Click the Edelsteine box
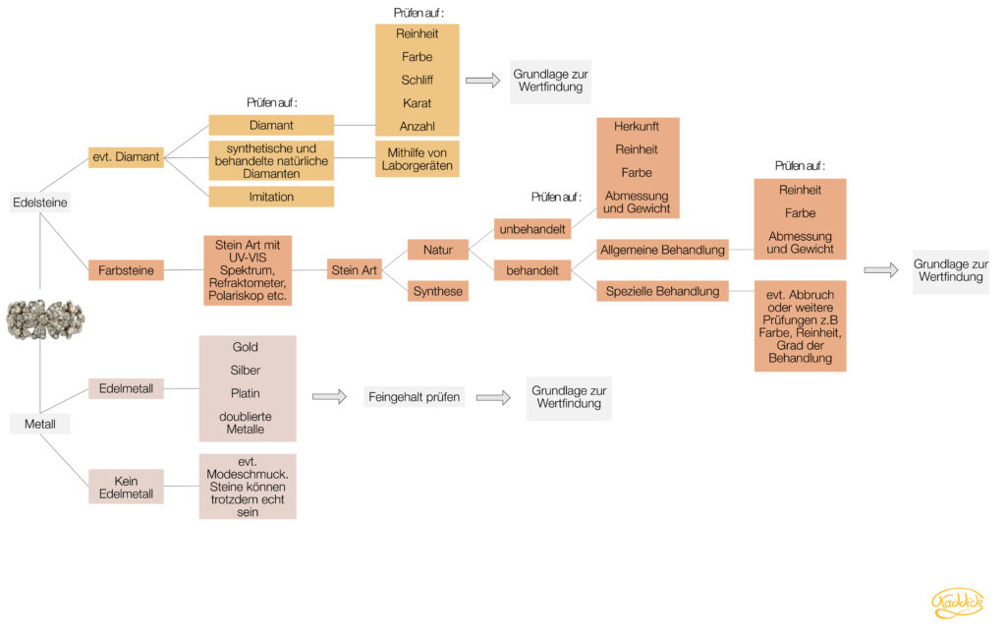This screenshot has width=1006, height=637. pyautogui.click(x=39, y=203)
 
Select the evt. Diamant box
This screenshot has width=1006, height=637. pyautogui.click(x=126, y=156)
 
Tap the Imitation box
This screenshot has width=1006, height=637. pyautogui.click(x=271, y=197)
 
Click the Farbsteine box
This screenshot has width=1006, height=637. pyautogui.click(x=126, y=270)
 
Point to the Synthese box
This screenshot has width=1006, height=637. pyautogui.click(x=437, y=291)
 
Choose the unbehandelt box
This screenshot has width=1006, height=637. pyautogui.click(x=532, y=229)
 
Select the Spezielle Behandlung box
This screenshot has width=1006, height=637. pyautogui.click(x=663, y=291)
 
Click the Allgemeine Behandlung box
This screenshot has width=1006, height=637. pyautogui.click(x=663, y=250)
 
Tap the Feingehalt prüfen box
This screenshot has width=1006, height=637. pyautogui.click(x=414, y=397)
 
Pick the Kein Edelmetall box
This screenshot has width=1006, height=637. pyautogui.click(x=126, y=487)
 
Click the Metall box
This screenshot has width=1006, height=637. pyautogui.click(x=39, y=424)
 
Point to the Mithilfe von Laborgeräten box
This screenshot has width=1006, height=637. pyautogui.click(x=417, y=159)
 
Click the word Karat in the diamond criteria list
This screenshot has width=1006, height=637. pyautogui.click(x=417, y=103)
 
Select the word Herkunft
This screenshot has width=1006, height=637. pyautogui.click(x=637, y=126)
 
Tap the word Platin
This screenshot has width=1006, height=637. pyautogui.click(x=245, y=393)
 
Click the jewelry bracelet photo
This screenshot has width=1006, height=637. pyautogui.click(x=45, y=319)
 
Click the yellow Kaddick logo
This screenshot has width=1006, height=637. pyautogui.click(x=957, y=603)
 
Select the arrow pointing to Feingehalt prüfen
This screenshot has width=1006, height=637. pyautogui.click(x=330, y=397)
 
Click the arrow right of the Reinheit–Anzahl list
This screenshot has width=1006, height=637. pyautogui.click(x=482, y=81)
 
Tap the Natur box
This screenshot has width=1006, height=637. pyautogui.click(x=437, y=250)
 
